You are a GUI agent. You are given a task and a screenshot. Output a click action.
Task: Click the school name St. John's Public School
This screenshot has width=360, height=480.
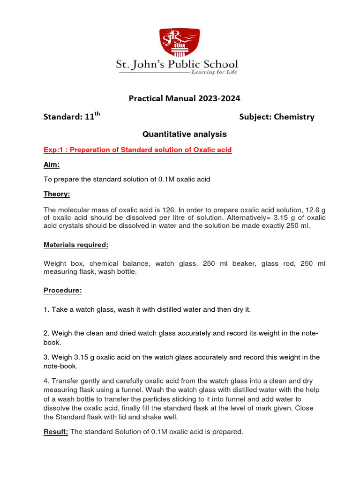click(177, 64)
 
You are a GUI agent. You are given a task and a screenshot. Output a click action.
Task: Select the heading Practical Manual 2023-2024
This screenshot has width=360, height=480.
click(184, 98)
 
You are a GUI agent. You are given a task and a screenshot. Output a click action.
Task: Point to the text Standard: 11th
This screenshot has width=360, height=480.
click(72, 117)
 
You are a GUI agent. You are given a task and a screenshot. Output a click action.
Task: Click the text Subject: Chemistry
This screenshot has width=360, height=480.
click(277, 117)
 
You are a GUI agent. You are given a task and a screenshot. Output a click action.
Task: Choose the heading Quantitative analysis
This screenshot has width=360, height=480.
click(184, 134)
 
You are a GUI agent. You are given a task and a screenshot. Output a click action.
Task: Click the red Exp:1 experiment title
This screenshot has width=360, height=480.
click(137, 150)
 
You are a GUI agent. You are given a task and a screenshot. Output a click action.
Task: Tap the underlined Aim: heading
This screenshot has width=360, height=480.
click(52, 165)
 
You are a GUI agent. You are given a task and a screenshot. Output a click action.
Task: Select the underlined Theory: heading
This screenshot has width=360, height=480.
click(57, 194)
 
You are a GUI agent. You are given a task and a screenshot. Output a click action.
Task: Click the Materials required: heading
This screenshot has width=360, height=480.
click(76, 245)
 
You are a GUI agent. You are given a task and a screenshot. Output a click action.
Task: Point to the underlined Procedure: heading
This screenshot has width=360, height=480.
click(63, 291)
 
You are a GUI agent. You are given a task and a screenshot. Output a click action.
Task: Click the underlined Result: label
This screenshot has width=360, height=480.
click(56, 432)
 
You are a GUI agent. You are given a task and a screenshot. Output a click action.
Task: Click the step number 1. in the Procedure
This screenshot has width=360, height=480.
click(46, 309)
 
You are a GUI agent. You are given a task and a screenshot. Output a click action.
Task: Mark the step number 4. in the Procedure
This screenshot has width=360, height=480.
click(46, 382)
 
